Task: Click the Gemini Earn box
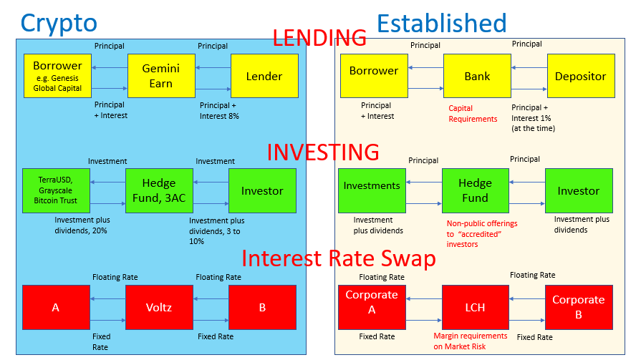pyautogui.click(x=161, y=76)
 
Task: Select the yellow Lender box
pyautogui.click(x=264, y=76)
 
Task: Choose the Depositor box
pyautogui.click(x=580, y=75)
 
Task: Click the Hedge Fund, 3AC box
pyautogui.click(x=160, y=190)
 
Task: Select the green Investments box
pyautogui.click(x=372, y=190)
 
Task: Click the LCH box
pyautogui.click(x=476, y=307)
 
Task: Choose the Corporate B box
pyautogui.click(x=579, y=306)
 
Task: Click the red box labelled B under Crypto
pyautogui.click(x=262, y=307)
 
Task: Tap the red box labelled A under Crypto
pyautogui.click(x=56, y=307)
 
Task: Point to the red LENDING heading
pyautogui.click(x=319, y=37)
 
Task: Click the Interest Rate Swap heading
pyautogui.click(x=338, y=258)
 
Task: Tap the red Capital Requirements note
pyautogui.click(x=473, y=113)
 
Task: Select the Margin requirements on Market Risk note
pyautogui.click(x=470, y=341)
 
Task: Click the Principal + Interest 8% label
pyautogui.click(x=219, y=110)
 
